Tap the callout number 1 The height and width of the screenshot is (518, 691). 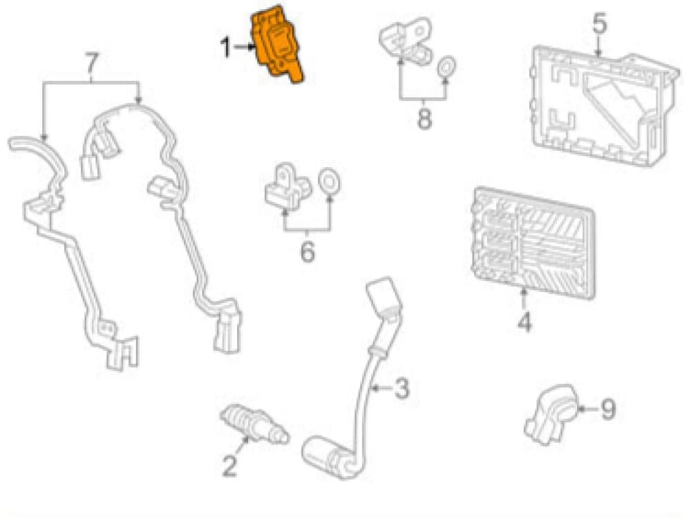pyautogui.click(x=225, y=48)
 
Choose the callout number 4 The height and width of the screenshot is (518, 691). pyautogui.click(x=524, y=323)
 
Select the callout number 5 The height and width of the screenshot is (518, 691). pyautogui.click(x=599, y=23)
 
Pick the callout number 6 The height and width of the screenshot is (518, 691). pyautogui.click(x=307, y=252)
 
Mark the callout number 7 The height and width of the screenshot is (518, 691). pyautogui.click(x=91, y=63)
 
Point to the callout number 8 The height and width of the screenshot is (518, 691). pyautogui.click(x=424, y=118)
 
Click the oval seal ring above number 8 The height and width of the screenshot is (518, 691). pyautogui.click(x=447, y=67)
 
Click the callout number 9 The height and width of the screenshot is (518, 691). pyautogui.click(x=607, y=410)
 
